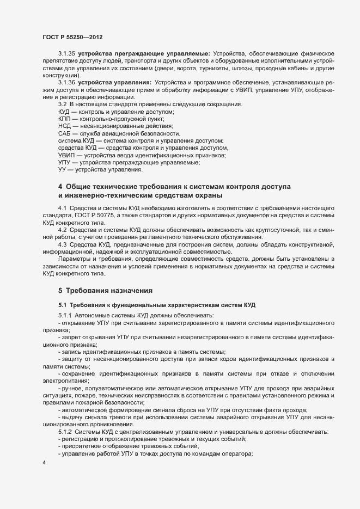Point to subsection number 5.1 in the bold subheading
62,304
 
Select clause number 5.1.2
65,432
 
